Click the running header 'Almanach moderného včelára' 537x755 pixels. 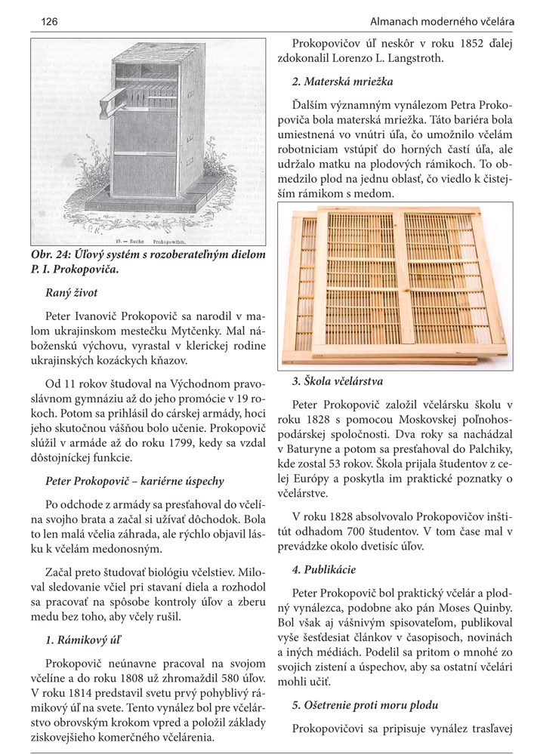442,20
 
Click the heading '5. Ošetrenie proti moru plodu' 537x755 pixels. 371,706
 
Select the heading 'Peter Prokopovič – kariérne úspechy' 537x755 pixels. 134,480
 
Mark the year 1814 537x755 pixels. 81,692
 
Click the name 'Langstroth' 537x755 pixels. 409,58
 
